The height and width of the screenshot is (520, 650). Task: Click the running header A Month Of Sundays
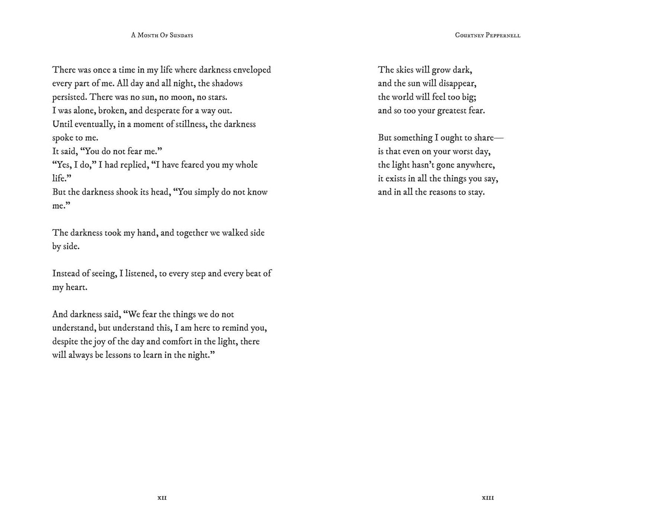coord(162,35)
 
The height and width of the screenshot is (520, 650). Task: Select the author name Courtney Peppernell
coord(487,35)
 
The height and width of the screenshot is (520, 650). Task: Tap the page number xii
coord(162,498)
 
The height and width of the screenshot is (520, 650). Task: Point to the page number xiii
coord(488,498)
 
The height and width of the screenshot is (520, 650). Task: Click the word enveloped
coord(252,70)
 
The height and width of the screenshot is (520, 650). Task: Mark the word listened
coord(140,274)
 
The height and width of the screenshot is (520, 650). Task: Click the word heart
coord(76,288)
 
